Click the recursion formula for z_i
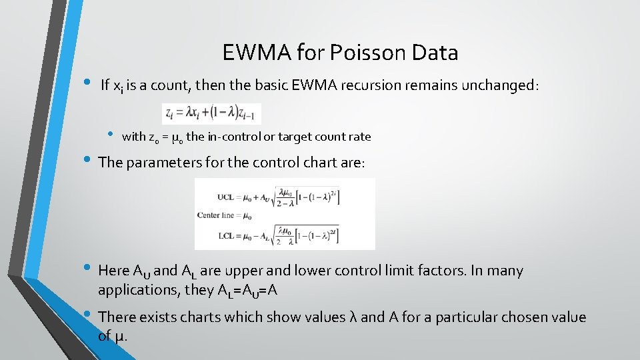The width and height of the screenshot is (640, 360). (211, 113)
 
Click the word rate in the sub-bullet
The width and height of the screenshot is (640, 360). (360, 137)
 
